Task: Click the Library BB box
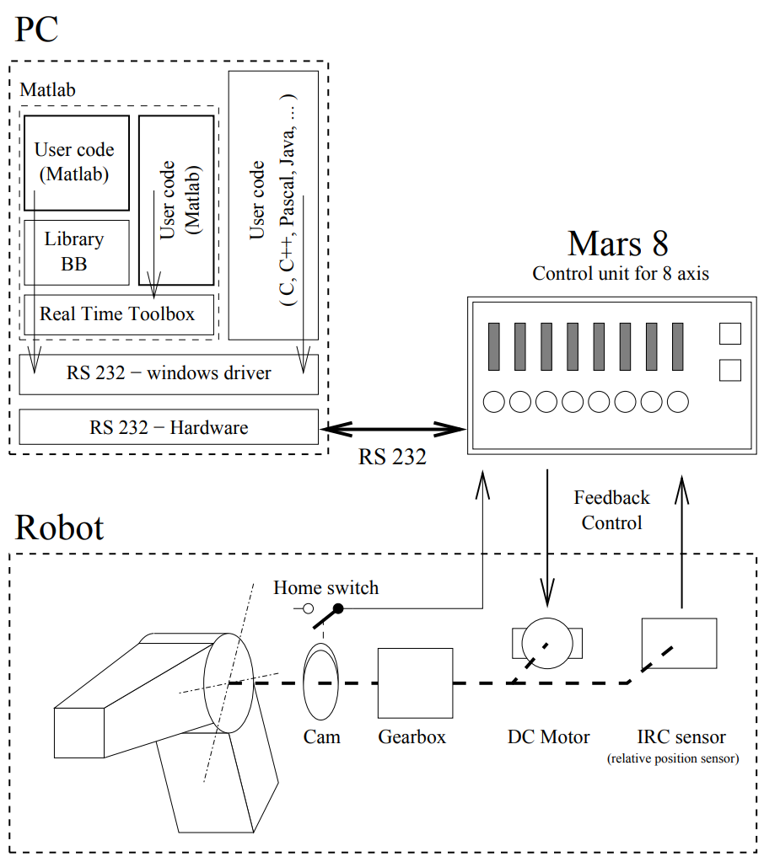pos(76,251)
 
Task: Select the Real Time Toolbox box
pos(117,314)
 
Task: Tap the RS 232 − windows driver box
pos(169,372)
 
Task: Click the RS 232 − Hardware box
pos(169,427)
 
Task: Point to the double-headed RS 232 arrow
pos(393,430)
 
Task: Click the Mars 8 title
pos(617,244)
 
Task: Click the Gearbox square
pos(415,683)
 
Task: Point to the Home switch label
pos(326,587)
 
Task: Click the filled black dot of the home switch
pos(338,608)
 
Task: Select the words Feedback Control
pos(611,510)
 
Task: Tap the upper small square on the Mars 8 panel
pos(729,334)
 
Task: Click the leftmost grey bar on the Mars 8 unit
pos(495,346)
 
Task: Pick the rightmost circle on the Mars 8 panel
pos(678,402)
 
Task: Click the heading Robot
pos(59,527)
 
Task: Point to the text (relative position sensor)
pos(672,759)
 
